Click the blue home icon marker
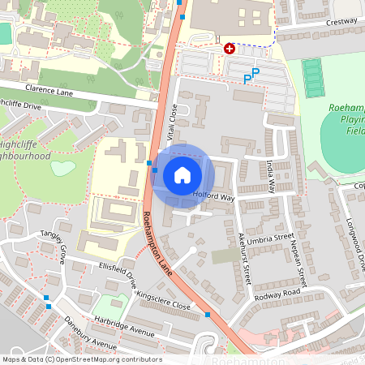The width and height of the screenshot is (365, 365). point(182,175)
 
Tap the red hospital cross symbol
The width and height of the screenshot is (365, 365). point(230,49)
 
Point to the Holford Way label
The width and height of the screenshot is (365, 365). point(213,196)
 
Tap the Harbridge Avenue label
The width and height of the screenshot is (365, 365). point(123,327)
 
